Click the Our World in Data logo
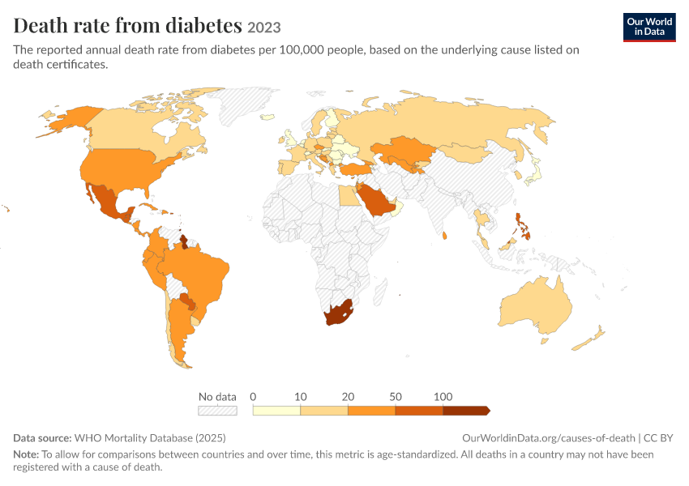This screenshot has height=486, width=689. click(649, 28)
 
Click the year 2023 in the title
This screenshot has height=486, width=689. click(263, 28)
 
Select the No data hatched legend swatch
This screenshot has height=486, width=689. click(217, 411)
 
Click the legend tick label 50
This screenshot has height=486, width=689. click(395, 397)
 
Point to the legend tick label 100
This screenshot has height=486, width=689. click(443, 397)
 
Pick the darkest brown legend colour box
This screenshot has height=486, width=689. click(466, 411)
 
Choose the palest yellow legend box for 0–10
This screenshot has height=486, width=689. click(276, 411)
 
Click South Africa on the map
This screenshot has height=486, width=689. click(339, 313)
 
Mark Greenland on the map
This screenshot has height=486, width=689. click(244, 104)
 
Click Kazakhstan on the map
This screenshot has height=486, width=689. click(404, 151)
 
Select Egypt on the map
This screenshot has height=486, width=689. click(349, 195)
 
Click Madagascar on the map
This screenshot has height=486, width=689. click(380, 292)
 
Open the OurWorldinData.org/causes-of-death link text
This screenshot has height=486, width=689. click(549, 437)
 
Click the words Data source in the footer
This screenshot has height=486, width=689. click(42, 437)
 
